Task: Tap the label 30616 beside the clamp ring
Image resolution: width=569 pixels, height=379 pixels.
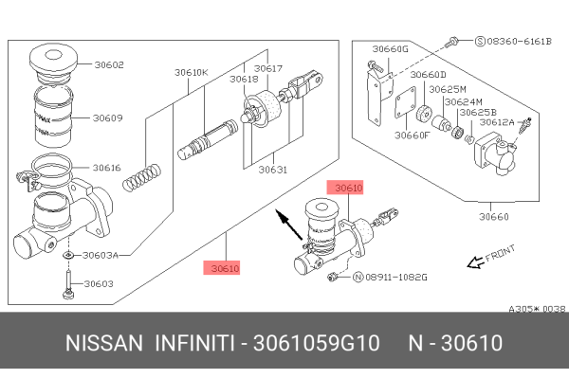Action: coord(107,168)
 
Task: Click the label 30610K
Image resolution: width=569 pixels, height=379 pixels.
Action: coord(192,71)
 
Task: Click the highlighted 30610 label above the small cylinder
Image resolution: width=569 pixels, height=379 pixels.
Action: coord(344,189)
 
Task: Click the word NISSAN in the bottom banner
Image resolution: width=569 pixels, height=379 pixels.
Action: coord(101,342)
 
